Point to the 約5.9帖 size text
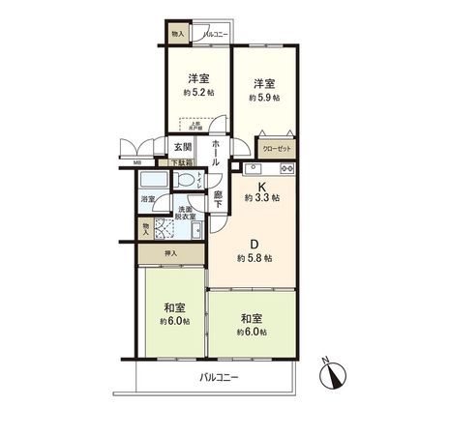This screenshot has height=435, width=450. click(x=263, y=98)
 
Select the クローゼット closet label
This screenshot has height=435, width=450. click(x=275, y=149)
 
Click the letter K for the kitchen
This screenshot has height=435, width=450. click(x=259, y=184)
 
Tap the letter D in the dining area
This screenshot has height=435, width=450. click(x=255, y=242)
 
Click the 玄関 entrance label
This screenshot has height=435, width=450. click(x=182, y=147)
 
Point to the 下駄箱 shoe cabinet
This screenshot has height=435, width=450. click(x=181, y=162)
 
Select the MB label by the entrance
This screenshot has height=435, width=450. click(x=137, y=161)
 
